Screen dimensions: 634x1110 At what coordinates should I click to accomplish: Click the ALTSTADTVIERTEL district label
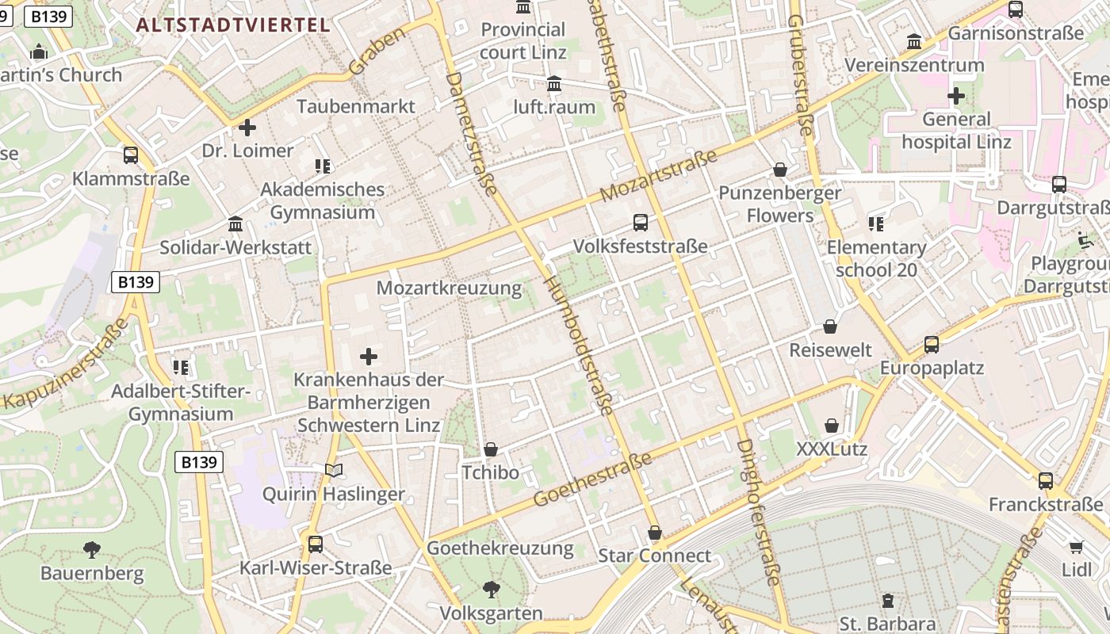point(232,25)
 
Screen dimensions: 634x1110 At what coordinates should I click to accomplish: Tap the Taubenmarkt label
point(356,106)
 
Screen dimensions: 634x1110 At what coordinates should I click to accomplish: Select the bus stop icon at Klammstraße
point(131,155)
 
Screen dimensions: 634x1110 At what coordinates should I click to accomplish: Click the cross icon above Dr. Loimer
point(247,127)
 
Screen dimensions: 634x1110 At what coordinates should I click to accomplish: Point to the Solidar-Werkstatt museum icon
point(235,224)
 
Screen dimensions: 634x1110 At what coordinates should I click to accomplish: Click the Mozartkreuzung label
point(449,288)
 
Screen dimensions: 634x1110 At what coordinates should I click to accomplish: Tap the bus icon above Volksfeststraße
point(640,223)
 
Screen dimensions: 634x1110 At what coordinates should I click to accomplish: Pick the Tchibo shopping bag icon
point(491,450)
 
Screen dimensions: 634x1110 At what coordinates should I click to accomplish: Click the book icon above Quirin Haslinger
point(334,471)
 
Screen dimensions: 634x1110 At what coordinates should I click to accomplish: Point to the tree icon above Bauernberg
point(92,549)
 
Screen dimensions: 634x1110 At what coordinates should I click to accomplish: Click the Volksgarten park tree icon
point(492,589)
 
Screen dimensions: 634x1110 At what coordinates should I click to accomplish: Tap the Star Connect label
point(654,556)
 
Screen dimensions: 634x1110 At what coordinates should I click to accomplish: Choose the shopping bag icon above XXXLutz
point(832,426)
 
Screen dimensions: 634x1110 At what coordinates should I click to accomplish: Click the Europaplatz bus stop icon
point(932,345)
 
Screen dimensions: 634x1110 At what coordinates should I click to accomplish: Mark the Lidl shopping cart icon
point(1076,547)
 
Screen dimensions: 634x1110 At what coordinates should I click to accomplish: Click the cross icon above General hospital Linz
point(956,97)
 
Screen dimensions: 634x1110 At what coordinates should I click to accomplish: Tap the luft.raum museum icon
point(554,84)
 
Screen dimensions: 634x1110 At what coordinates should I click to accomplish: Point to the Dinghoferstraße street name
point(759,512)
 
